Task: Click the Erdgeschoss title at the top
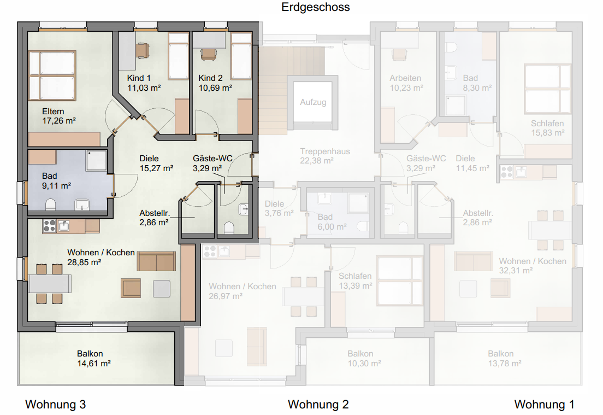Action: [x=315, y=7]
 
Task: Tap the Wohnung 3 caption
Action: [x=55, y=404]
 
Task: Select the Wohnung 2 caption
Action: [x=318, y=404]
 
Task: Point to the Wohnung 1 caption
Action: [x=544, y=404]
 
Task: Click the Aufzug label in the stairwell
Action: [x=313, y=102]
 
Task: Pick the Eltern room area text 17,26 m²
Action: [x=59, y=121]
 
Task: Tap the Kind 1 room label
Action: [x=139, y=78]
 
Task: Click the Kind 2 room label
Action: [x=210, y=78]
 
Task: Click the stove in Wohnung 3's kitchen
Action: [x=49, y=226]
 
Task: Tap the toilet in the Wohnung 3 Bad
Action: [x=50, y=204]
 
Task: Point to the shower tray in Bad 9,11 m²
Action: [x=96, y=160]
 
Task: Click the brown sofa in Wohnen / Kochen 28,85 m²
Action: [x=156, y=261]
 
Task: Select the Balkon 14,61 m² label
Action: [x=94, y=359]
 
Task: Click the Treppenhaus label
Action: [x=325, y=151]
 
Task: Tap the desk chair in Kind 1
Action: [x=143, y=50]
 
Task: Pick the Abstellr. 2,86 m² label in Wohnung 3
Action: [x=154, y=218]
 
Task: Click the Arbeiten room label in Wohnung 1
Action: [x=405, y=78]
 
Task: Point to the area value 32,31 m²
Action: [x=516, y=271]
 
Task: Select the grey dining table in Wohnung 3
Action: [x=50, y=284]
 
